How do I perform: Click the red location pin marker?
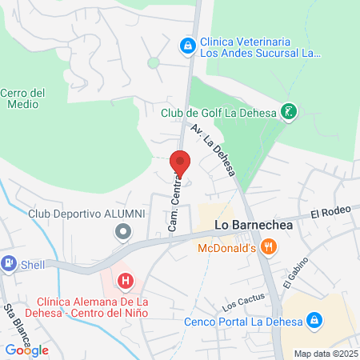180,163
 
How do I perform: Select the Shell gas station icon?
9,262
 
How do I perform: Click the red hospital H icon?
125,281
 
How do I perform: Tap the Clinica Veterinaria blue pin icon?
187,46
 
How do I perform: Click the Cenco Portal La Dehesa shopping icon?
315,322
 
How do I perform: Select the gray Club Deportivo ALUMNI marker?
122,232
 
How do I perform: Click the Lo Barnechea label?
254,227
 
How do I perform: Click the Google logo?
26,350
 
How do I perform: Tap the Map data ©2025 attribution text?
324,354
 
